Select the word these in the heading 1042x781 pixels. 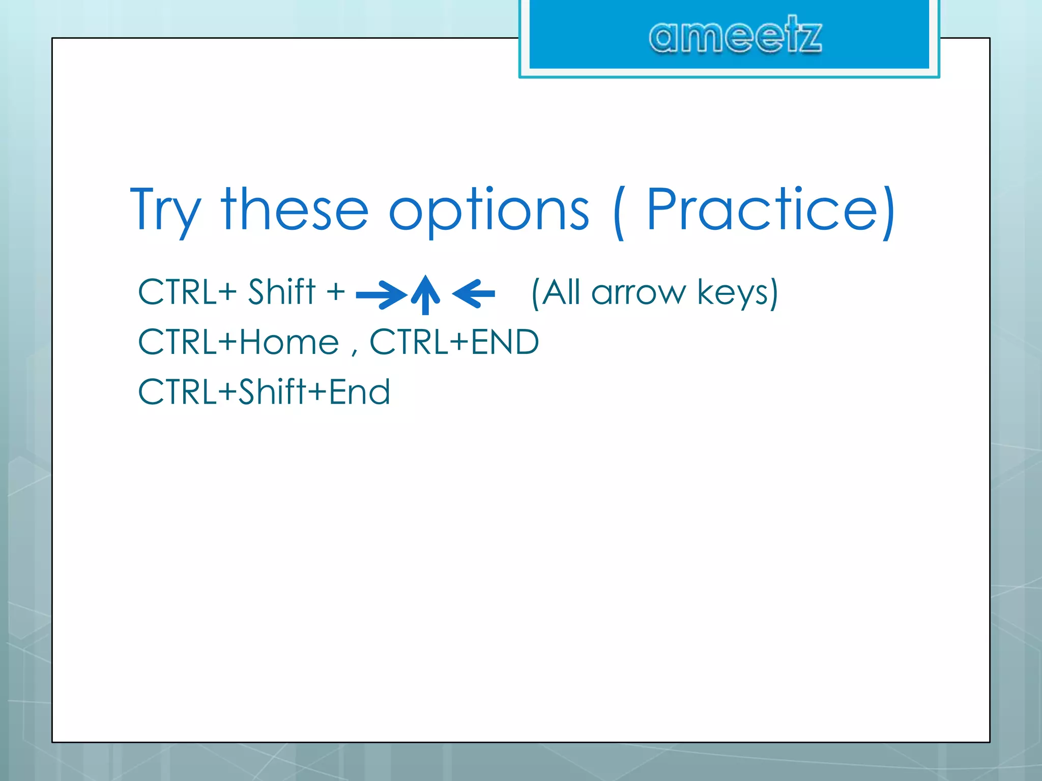[x=295, y=209]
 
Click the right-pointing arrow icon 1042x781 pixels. [x=382, y=294]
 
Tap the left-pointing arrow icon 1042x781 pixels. [x=474, y=293]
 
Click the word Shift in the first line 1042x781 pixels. [x=281, y=292]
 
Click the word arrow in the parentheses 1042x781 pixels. [x=639, y=293]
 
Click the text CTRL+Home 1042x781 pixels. [x=238, y=342]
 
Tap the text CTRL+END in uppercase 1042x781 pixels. [x=454, y=342]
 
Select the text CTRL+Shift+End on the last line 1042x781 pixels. [x=264, y=392]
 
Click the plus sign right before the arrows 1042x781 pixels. [x=335, y=293]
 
